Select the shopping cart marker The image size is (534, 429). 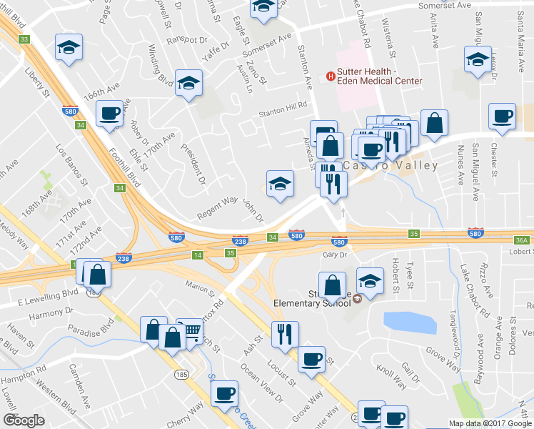tap(189, 331)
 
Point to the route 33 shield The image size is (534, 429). tap(24, 39)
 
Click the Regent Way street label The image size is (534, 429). tap(217, 206)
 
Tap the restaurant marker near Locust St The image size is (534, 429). tap(285, 333)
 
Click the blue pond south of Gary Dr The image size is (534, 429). tap(410, 323)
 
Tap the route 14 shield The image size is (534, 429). tap(197, 255)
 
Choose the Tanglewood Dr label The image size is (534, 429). tap(455, 336)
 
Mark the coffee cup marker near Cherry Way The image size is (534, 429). tap(224, 393)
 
